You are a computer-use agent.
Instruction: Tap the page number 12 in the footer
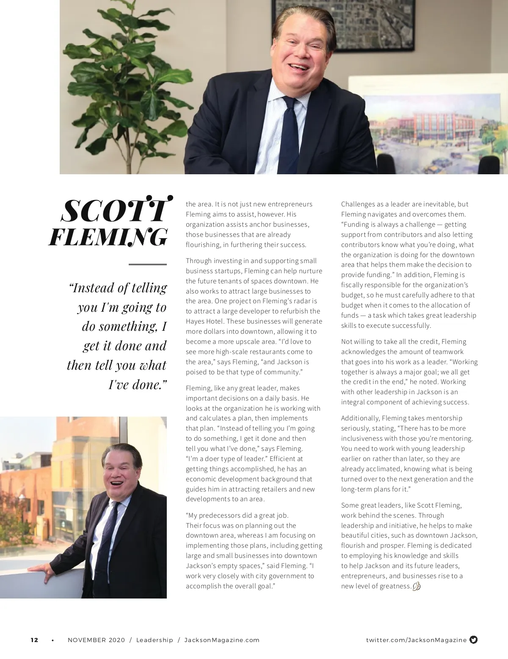(34, 640)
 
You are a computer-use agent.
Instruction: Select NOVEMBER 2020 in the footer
(96, 640)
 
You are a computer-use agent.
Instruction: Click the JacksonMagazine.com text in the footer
(222, 640)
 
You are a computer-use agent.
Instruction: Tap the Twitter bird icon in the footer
(474, 640)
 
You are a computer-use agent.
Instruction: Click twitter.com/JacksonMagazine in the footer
(416, 640)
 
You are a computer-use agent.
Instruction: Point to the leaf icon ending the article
(416, 586)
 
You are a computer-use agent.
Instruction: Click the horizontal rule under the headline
(147, 264)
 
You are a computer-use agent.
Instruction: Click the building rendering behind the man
(432, 131)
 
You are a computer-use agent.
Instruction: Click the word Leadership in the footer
(155, 640)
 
